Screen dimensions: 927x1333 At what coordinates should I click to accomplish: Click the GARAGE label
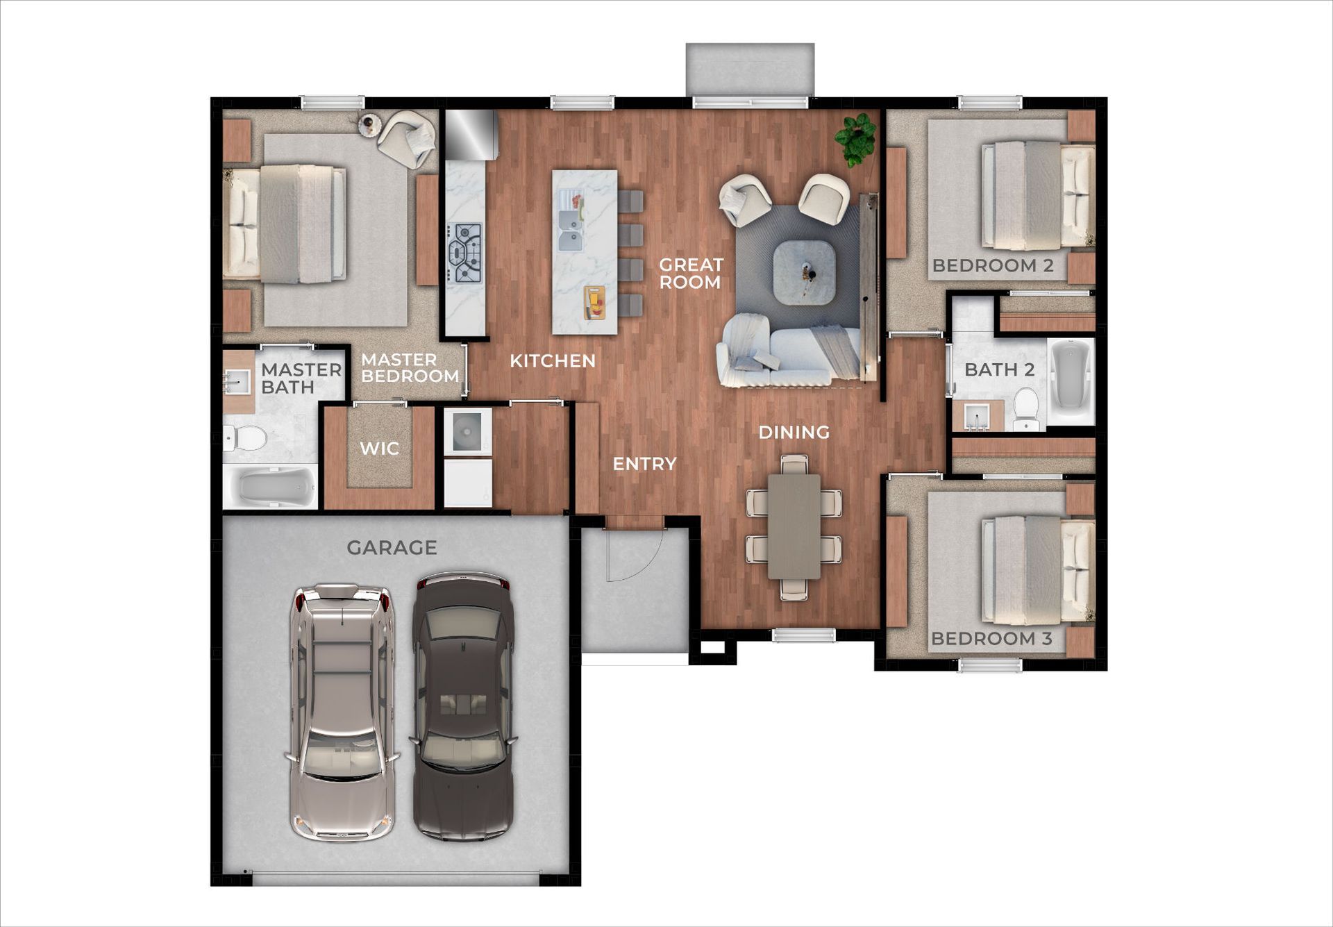click(392, 548)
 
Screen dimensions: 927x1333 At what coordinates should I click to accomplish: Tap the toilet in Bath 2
click(1025, 409)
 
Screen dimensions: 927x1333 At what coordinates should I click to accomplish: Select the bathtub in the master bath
click(271, 487)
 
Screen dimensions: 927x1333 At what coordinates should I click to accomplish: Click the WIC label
click(379, 449)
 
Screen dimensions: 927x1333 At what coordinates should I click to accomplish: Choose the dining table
click(794, 526)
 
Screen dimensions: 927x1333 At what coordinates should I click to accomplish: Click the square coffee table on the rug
click(804, 272)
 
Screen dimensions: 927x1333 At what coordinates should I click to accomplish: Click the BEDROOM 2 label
click(992, 265)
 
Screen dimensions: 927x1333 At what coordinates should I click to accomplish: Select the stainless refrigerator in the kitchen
click(471, 134)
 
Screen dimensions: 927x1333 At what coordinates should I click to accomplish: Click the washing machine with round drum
click(467, 431)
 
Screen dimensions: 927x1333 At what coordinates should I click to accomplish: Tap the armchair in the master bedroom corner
click(408, 138)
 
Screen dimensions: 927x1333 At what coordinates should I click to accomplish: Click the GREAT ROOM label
click(690, 273)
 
